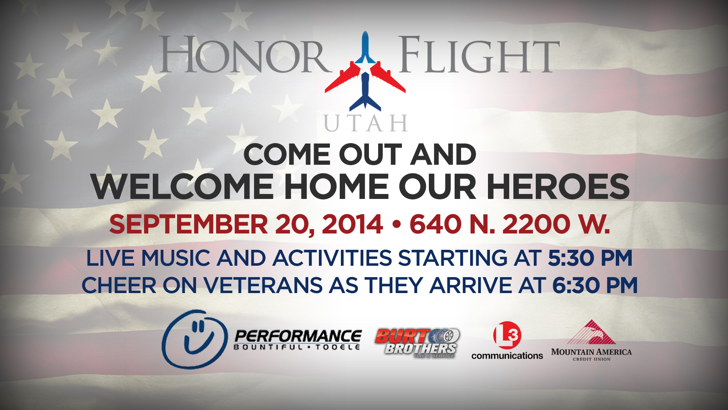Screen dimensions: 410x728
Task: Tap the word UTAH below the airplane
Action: pyautogui.click(x=366, y=123)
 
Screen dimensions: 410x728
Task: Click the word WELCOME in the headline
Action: pyautogui.click(x=182, y=187)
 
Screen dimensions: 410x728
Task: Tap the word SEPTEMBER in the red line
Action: pyautogui.click(x=188, y=224)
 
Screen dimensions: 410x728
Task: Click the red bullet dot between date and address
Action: pyautogui.click(x=396, y=225)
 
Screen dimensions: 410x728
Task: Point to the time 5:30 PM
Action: pyautogui.click(x=590, y=258)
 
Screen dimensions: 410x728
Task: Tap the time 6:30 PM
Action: pyautogui.click(x=595, y=285)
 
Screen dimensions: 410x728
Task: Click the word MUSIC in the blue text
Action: pyautogui.click(x=176, y=258)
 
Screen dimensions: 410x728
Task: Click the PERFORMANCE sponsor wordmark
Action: pyautogui.click(x=298, y=336)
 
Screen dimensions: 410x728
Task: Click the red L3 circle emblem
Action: pyautogui.click(x=507, y=335)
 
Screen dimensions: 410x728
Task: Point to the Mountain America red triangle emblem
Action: pyautogui.click(x=591, y=333)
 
